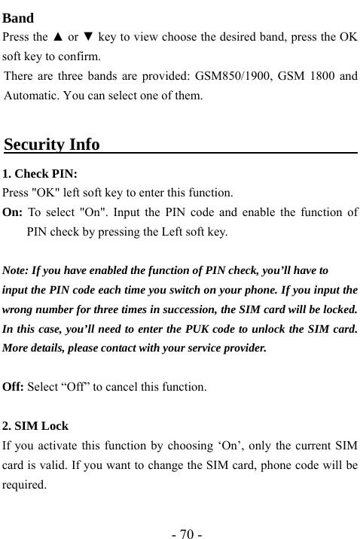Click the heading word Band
(x=18, y=18)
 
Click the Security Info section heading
(x=52, y=144)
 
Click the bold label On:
(x=13, y=212)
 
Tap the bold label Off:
(x=14, y=388)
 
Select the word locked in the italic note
(x=337, y=309)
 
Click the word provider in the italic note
(x=242, y=349)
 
